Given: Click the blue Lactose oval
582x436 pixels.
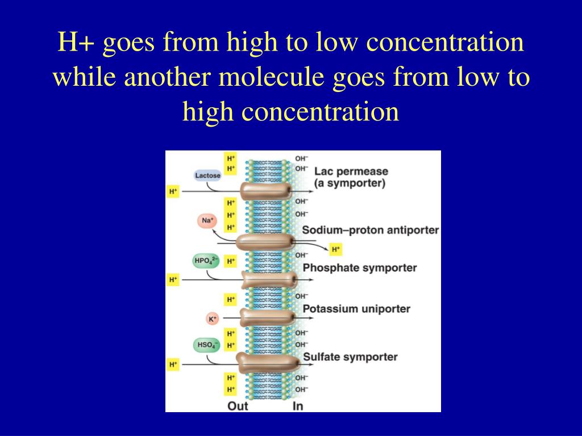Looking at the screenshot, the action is (x=207, y=175).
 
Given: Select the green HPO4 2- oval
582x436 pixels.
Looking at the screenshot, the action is (x=206, y=261).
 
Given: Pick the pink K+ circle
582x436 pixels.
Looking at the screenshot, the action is (x=213, y=319).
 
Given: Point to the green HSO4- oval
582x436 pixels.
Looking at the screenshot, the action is (x=206, y=345).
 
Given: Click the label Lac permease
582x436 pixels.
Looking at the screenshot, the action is (x=351, y=171).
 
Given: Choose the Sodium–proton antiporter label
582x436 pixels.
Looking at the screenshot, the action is (x=371, y=230).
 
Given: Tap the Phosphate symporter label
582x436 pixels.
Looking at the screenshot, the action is (x=360, y=267).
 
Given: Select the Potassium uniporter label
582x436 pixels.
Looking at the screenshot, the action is (x=356, y=309).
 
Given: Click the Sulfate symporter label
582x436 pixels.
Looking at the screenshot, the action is (x=350, y=357).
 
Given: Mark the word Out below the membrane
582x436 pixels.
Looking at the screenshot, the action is (x=238, y=406).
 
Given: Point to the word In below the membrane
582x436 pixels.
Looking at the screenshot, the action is (x=298, y=406).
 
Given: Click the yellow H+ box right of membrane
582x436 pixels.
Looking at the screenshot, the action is (x=336, y=249).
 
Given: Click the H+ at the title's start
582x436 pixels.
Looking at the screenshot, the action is (x=77, y=44).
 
